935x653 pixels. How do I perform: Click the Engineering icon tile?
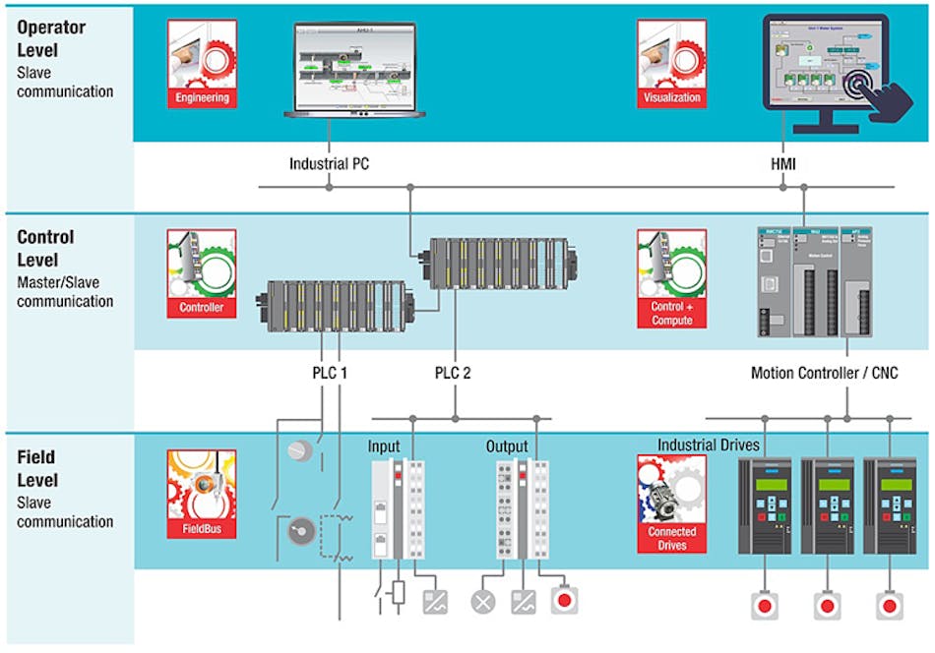pyautogui.click(x=202, y=63)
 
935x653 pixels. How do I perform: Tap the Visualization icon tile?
pyautogui.click(x=672, y=63)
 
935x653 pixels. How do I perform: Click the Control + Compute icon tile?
pyautogui.click(x=672, y=278)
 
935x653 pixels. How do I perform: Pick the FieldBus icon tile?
pyautogui.click(x=202, y=494)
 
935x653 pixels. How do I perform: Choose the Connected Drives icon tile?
pyautogui.click(x=672, y=502)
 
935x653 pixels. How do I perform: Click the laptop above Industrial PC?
pyautogui.click(x=354, y=70)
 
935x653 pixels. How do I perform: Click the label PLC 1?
pyautogui.click(x=324, y=374)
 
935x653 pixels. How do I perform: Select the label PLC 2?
pyautogui.click(x=455, y=374)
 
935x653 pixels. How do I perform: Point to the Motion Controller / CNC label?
pyautogui.click(x=824, y=374)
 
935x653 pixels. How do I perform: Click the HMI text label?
pyautogui.click(x=783, y=163)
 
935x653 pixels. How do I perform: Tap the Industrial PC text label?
pyautogui.click(x=329, y=163)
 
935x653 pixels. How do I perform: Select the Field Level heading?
pyautogui.click(x=38, y=469)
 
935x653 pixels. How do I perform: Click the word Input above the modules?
pyautogui.click(x=384, y=445)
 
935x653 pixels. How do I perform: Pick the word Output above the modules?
pyautogui.click(x=507, y=445)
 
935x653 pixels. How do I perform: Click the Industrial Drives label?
pyautogui.click(x=709, y=445)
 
